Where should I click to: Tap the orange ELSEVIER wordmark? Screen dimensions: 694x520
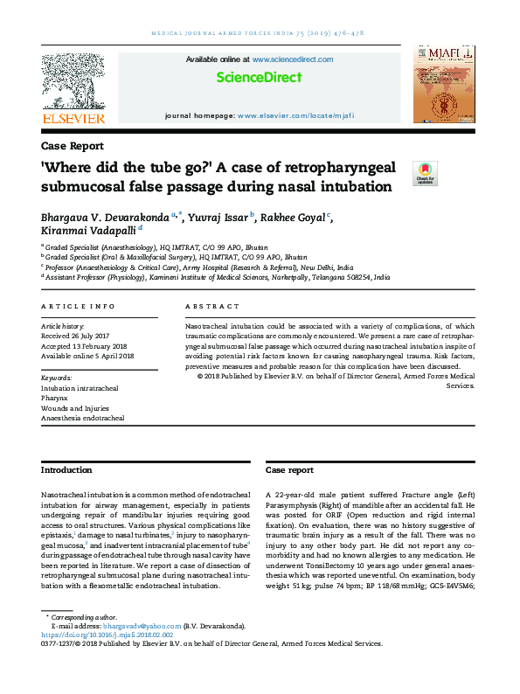coord(73,118)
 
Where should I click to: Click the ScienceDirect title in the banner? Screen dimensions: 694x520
coord(259,78)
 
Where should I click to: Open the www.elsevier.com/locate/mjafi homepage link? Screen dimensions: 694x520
coord(295,115)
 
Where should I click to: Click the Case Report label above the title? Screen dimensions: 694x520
coord(73,146)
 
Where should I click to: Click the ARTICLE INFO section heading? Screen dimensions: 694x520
coord(78,307)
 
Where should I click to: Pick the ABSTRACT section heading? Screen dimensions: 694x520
coord(212,307)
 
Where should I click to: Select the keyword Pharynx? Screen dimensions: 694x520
coord(54,397)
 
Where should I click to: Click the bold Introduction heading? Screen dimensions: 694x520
coord(66,470)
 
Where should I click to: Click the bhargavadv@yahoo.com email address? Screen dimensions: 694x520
coord(141,626)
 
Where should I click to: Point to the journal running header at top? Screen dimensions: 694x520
coord(259,33)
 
